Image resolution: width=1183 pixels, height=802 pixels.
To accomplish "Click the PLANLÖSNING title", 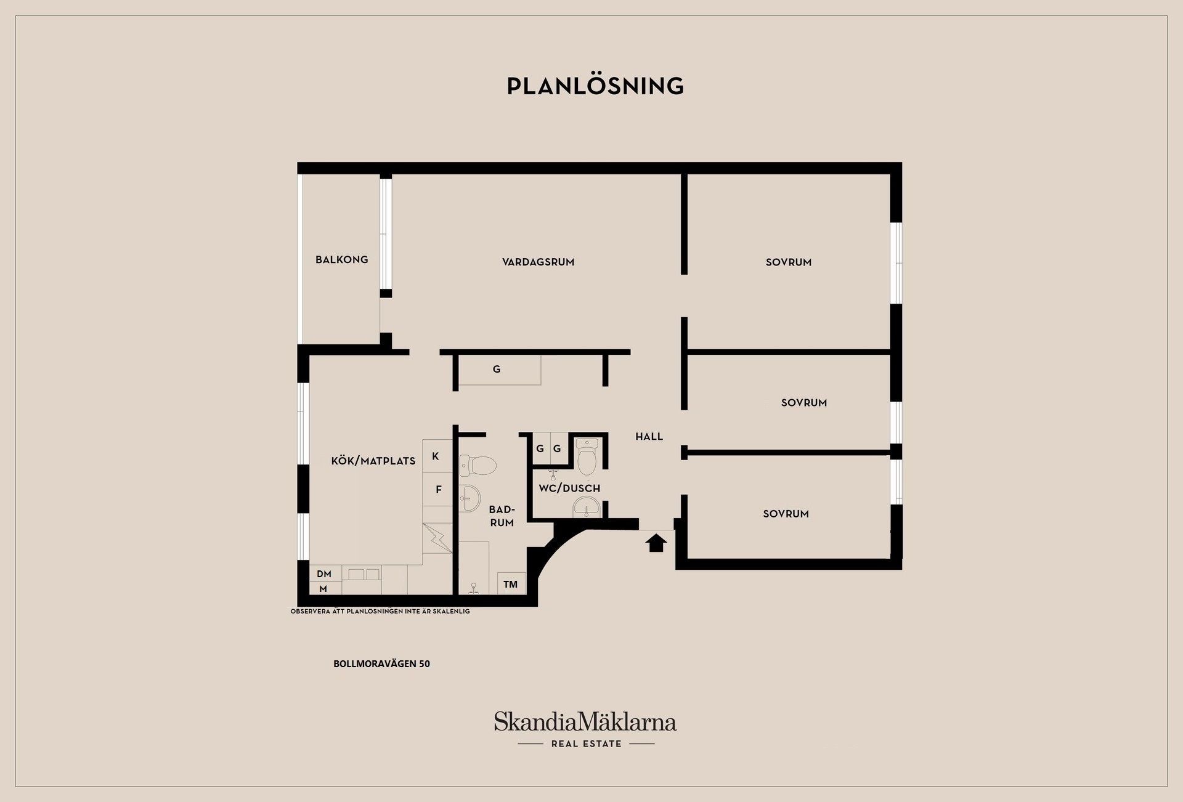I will point(595,86).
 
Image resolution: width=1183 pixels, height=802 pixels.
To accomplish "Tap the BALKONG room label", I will point(341,259).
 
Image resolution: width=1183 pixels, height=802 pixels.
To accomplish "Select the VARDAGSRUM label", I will point(538,262).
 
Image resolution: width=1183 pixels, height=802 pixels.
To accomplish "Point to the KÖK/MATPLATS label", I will point(373,461).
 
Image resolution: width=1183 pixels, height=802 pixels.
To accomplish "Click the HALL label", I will point(649,436).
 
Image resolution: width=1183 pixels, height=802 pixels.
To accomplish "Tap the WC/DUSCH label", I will point(569,488).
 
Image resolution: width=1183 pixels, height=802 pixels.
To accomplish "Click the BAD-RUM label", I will point(502,516).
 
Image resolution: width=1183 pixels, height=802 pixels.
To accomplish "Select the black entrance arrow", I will point(656,543).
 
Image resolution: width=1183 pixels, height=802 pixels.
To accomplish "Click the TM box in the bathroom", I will point(510,584).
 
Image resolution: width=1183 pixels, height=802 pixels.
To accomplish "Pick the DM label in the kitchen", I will point(324,574).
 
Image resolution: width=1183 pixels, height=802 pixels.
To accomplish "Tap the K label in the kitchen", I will point(436,456).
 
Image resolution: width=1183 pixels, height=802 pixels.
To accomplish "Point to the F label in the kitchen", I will point(439,490).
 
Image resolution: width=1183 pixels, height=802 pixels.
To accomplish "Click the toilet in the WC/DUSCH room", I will point(587,454).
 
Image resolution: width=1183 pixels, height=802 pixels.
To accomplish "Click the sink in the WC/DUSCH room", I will point(586,508).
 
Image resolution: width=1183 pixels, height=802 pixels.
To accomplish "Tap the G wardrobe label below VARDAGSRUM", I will point(497,369).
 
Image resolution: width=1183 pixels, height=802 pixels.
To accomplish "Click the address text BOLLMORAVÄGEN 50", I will point(381,664).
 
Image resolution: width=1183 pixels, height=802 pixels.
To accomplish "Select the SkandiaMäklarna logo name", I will point(585,721).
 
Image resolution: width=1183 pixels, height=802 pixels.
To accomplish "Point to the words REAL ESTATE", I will point(586,744).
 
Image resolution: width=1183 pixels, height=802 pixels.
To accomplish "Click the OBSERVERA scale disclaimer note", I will point(380,611).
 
